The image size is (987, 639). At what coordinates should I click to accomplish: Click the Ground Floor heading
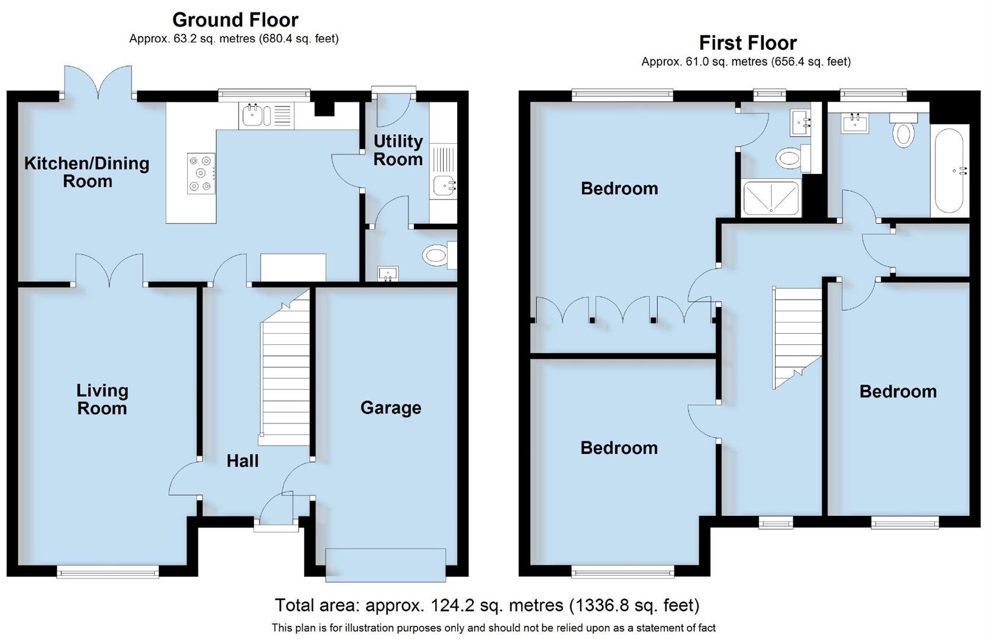(235, 20)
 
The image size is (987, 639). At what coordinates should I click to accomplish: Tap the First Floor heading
(747, 43)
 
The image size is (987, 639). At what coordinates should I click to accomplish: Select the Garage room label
(390, 408)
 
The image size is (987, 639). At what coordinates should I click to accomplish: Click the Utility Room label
(397, 150)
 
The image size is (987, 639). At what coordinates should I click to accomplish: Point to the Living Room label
(102, 399)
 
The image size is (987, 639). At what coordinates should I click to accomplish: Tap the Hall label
(242, 461)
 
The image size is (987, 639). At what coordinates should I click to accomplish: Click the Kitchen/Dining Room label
(86, 172)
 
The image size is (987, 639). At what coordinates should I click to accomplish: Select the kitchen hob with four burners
(201, 173)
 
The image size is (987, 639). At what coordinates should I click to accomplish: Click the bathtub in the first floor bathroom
(949, 171)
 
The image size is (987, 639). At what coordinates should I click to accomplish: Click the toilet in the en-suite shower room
(792, 158)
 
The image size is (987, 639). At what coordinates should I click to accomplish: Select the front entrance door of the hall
(277, 511)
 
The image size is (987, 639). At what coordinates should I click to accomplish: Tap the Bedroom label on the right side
(898, 391)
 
